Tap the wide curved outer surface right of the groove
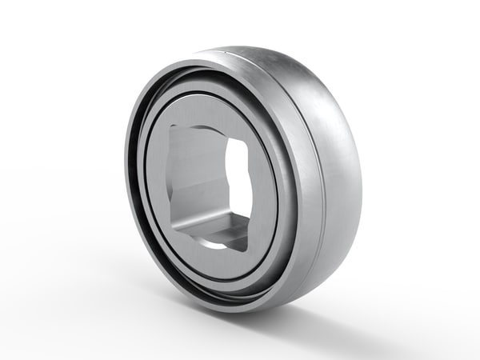click(336, 160)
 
